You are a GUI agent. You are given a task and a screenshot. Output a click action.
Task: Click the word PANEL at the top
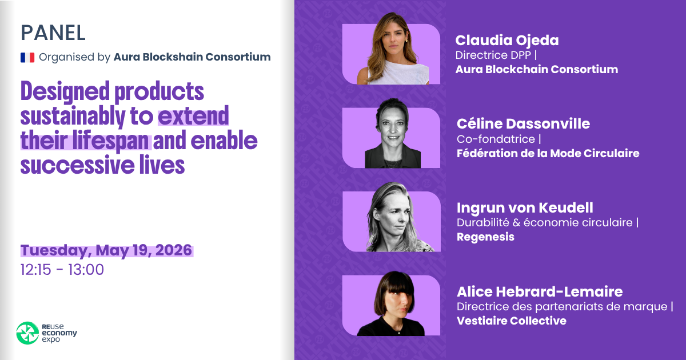(x=53, y=33)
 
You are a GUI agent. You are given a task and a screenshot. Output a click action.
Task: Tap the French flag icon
(x=27, y=57)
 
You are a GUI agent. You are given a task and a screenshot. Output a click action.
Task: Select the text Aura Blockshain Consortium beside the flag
(x=192, y=57)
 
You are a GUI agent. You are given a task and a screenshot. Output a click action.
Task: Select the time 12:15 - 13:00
(x=62, y=270)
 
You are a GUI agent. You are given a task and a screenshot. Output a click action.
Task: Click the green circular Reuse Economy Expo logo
(x=26, y=333)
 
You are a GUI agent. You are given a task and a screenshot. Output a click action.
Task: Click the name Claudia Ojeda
(x=499, y=40)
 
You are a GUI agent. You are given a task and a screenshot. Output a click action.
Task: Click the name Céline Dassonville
(x=523, y=123)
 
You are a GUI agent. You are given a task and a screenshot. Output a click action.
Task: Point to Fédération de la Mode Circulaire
(x=548, y=153)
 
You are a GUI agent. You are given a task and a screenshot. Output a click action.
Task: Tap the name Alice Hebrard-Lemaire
(x=540, y=291)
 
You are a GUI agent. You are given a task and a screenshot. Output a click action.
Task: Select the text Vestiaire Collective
(x=511, y=321)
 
